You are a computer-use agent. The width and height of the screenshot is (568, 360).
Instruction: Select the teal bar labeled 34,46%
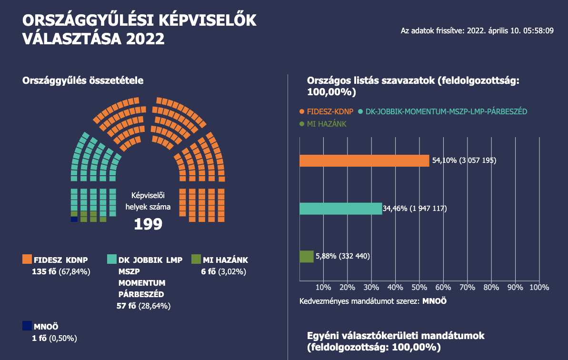tap(341, 209)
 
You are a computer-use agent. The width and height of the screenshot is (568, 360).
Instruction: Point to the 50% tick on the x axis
tap(419, 287)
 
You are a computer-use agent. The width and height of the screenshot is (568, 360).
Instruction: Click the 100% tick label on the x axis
tap(539, 287)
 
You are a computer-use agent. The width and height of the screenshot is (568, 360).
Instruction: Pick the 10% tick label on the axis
tap(323, 287)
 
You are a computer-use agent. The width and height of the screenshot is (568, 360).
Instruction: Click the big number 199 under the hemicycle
tap(148, 224)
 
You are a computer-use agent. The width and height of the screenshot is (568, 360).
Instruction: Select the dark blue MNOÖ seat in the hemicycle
tap(74, 220)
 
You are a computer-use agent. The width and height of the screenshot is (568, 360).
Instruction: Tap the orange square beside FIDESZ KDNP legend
tap(27, 260)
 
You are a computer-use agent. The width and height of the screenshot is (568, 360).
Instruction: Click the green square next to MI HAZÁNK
tap(196, 260)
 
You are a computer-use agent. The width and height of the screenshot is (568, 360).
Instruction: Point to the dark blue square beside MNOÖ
tap(27, 326)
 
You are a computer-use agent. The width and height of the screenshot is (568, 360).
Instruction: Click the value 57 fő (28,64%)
tap(144, 306)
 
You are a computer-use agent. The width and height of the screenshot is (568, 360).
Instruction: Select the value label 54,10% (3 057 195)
tap(464, 160)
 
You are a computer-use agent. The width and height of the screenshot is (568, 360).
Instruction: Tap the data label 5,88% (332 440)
tap(342, 256)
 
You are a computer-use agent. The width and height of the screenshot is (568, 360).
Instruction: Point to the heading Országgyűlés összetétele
tap(83, 81)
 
